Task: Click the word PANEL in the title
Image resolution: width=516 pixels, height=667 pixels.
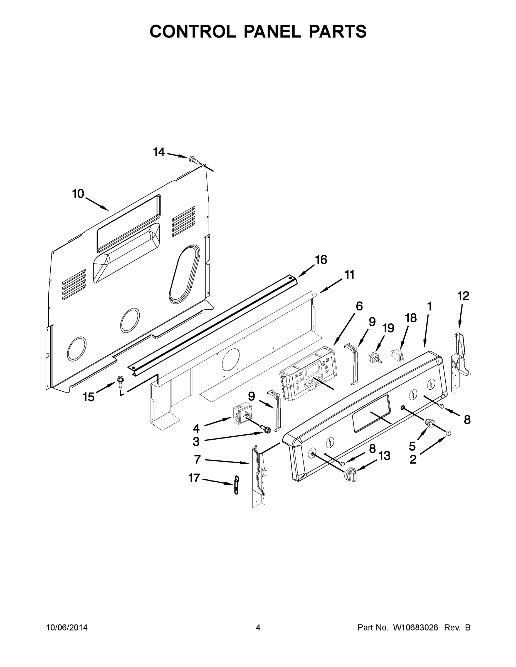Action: click(x=272, y=31)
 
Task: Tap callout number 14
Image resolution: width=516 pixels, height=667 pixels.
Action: click(x=159, y=152)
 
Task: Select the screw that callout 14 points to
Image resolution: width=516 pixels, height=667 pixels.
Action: click(x=193, y=159)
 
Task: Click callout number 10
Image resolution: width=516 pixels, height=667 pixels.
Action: click(x=78, y=194)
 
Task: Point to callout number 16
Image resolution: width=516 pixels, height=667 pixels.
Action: click(x=321, y=260)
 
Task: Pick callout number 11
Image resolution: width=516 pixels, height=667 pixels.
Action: click(x=350, y=275)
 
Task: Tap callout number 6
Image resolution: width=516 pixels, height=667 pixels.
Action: click(x=359, y=306)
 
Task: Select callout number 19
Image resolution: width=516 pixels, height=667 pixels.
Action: click(x=389, y=328)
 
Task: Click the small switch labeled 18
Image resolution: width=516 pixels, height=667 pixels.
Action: click(x=396, y=355)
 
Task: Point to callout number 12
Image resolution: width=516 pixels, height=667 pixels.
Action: click(x=463, y=296)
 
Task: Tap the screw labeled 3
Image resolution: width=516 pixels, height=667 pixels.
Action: click(x=266, y=429)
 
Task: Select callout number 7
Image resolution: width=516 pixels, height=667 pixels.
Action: click(x=197, y=459)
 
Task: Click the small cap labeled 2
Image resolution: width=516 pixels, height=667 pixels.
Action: click(x=448, y=433)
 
